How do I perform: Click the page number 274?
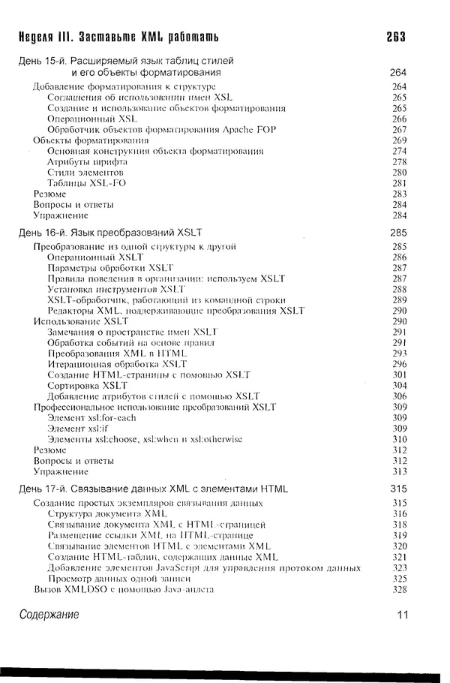click(x=399, y=151)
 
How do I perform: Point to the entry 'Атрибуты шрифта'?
click(x=87, y=161)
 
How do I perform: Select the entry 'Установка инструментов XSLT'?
click(x=116, y=289)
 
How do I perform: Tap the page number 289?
click(x=399, y=299)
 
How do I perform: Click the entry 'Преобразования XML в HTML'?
click(x=117, y=353)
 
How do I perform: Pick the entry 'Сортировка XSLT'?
click(x=87, y=385)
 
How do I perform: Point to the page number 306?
click(x=399, y=396)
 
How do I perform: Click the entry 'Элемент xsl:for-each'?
click(x=91, y=417)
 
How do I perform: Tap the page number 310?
click(x=399, y=439)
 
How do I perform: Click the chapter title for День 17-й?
click(x=153, y=489)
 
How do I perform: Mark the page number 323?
click(x=399, y=568)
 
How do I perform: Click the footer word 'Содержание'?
click(x=49, y=615)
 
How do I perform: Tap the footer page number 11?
click(x=402, y=615)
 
